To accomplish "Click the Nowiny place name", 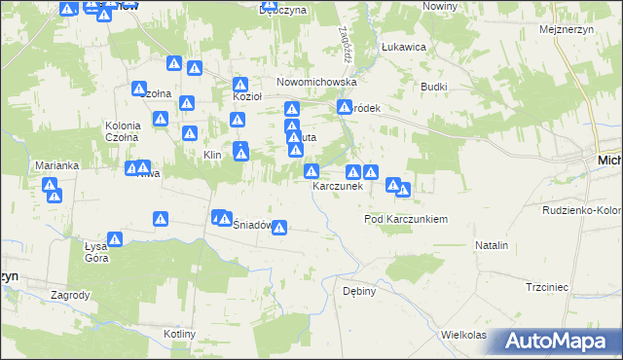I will pos(441,6).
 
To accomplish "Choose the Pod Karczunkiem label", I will pos(405,220).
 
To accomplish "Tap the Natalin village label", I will pos(492,246).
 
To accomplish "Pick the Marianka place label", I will pos(55,165).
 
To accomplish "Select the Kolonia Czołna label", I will pos(124,131).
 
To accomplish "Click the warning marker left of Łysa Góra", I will pos(114,239).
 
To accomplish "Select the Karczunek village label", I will pos(337,186).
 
